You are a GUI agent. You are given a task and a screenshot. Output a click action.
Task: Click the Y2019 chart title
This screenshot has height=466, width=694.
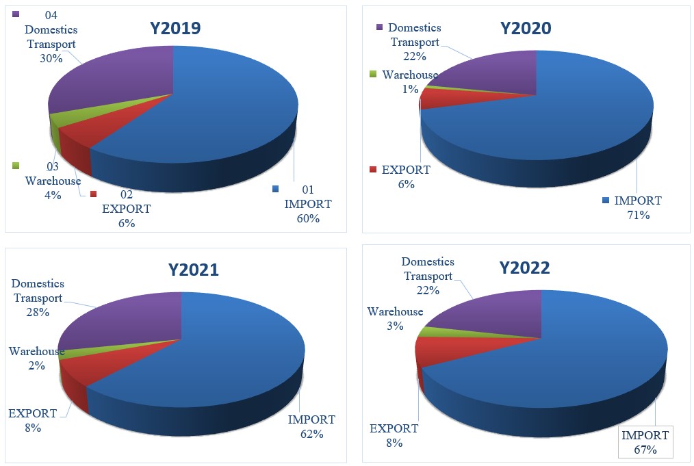[175, 28]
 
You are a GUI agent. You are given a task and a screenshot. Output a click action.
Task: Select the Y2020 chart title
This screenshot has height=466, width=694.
[526, 28]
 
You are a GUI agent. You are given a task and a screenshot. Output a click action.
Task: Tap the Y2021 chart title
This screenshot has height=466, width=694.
[194, 270]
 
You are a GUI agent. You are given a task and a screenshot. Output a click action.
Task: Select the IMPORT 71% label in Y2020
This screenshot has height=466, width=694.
[638, 208]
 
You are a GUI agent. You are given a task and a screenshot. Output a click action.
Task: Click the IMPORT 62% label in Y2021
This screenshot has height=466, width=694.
[311, 426]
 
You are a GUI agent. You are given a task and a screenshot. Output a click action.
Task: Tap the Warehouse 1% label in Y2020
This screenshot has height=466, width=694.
[409, 81]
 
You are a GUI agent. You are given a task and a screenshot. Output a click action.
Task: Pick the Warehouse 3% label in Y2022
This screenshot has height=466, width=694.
[395, 319]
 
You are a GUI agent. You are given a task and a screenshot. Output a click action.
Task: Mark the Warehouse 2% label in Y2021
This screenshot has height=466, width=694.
[36, 359]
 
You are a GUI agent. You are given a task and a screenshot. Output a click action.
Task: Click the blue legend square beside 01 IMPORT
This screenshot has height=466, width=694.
[275, 189]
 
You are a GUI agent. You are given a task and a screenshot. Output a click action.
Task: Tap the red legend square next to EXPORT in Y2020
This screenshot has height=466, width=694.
[372, 170]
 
